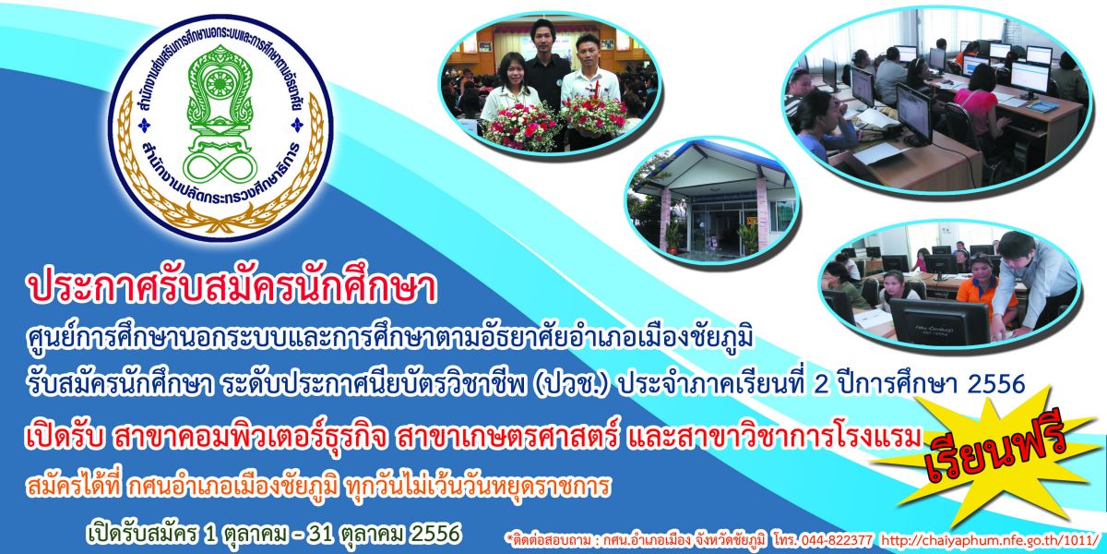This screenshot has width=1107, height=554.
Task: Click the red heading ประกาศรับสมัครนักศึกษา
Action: (232, 289)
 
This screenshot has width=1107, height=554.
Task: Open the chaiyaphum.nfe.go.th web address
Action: (991, 539)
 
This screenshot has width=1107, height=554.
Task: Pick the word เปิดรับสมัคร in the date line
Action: (142, 534)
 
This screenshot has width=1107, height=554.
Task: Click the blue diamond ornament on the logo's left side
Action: (144, 126)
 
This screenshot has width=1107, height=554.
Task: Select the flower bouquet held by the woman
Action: (515, 126)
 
